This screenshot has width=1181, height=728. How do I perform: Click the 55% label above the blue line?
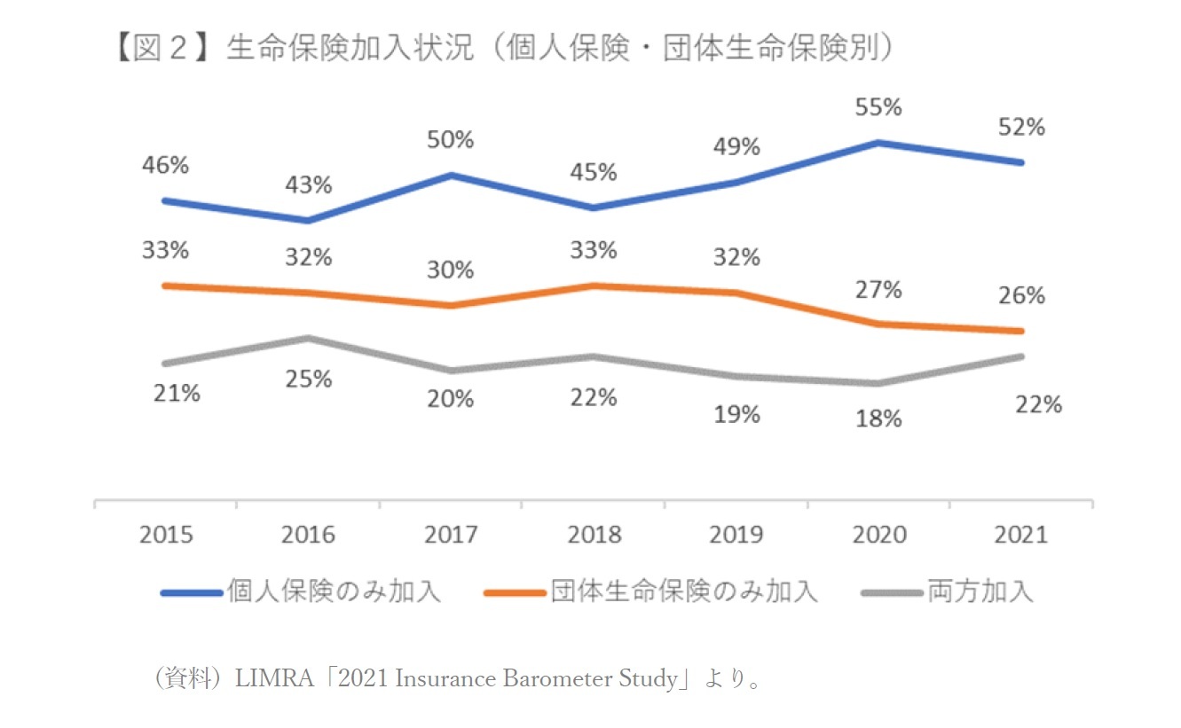click(x=878, y=107)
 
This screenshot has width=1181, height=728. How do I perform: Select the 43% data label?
click(x=308, y=185)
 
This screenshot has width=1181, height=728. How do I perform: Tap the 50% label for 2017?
click(x=451, y=140)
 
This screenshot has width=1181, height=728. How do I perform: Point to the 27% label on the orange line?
click(x=878, y=289)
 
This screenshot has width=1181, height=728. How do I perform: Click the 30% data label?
click(x=451, y=270)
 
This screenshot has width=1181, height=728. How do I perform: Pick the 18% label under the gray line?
click(x=878, y=419)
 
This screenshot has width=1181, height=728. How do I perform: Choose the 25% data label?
click(x=308, y=379)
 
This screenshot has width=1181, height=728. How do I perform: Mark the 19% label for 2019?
click(x=736, y=413)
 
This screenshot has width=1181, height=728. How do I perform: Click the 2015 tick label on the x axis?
click(x=166, y=535)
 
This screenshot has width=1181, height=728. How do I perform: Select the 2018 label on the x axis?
click(x=593, y=535)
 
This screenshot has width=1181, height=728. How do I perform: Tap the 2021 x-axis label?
click(x=1020, y=535)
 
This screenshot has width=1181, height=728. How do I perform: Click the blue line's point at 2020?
click(x=878, y=142)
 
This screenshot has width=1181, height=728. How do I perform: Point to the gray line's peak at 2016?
click(x=308, y=338)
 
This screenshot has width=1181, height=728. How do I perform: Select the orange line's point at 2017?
click(x=451, y=305)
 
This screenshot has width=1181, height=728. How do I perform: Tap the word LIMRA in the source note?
click(x=265, y=680)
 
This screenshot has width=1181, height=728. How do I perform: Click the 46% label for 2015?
click(x=166, y=165)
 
